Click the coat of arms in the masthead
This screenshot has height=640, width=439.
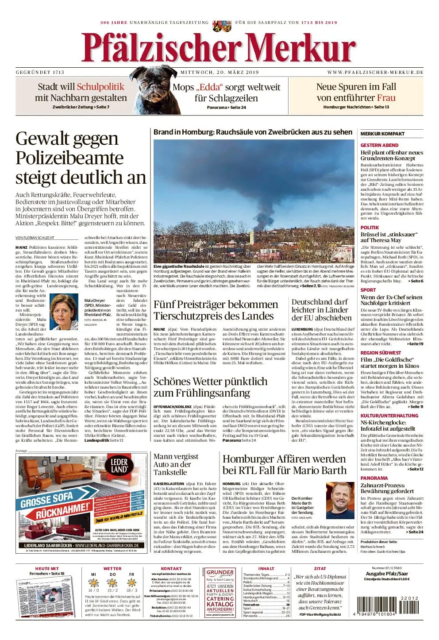[x=222, y=25]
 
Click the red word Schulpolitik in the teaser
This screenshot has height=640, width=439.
[x=100, y=87]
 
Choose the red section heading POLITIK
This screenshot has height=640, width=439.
[x=370, y=227]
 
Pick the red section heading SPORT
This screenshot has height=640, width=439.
[x=368, y=290]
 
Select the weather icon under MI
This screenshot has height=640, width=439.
[x=93, y=582]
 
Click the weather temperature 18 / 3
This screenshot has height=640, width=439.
[x=131, y=590]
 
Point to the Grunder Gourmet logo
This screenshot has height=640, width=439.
[x=220, y=573]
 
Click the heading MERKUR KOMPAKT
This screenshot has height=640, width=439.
[x=382, y=134]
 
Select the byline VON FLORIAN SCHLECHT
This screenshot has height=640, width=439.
[x=35, y=238]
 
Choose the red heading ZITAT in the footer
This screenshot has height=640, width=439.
[x=320, y=569]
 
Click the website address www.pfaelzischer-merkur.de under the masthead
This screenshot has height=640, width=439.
[x=375, y=72]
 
